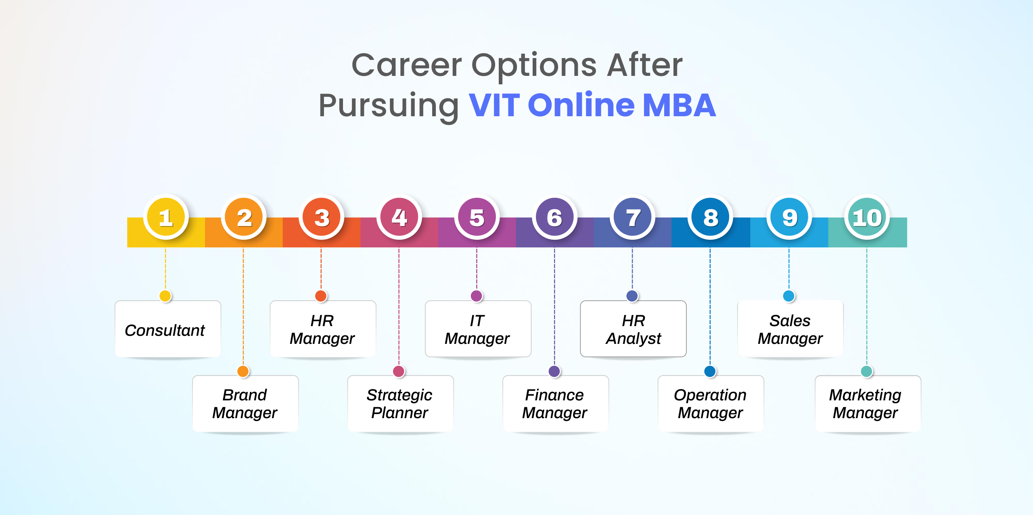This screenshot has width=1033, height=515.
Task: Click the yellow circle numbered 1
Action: click(x=165, y=217)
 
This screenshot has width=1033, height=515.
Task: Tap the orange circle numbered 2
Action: click(x=243, y=217)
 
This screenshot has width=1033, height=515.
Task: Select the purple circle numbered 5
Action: click(x=477, y=217)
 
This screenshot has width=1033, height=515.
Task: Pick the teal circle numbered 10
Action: click(x=866, y=217)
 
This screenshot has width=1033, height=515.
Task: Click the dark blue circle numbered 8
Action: click(x=710, y=217)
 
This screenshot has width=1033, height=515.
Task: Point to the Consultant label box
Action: click(x=168, y=329)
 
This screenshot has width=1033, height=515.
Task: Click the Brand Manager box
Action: click(x=245, y=404)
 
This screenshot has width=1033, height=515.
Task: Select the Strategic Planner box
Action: click(x=401, y=404)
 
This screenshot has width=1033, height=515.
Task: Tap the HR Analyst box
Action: click(x=633, y=329)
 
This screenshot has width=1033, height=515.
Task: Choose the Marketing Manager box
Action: click(x=868, y=404)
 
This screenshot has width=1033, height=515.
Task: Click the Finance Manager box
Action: click(x=556, y=404)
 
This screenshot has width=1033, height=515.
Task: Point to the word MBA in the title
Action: click(x=679, y=105)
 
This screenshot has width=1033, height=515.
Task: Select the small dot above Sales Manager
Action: click(x=788, y=296)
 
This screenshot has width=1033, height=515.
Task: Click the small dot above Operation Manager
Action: click(x=710, y=371)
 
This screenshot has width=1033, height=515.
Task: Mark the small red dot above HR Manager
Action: click(x=321, y=296)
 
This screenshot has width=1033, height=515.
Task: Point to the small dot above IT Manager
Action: click(x=477, y=296)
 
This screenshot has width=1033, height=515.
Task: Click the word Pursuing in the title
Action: click(x=389, y=106)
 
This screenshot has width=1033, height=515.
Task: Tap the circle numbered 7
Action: click(x=632, y=217)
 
